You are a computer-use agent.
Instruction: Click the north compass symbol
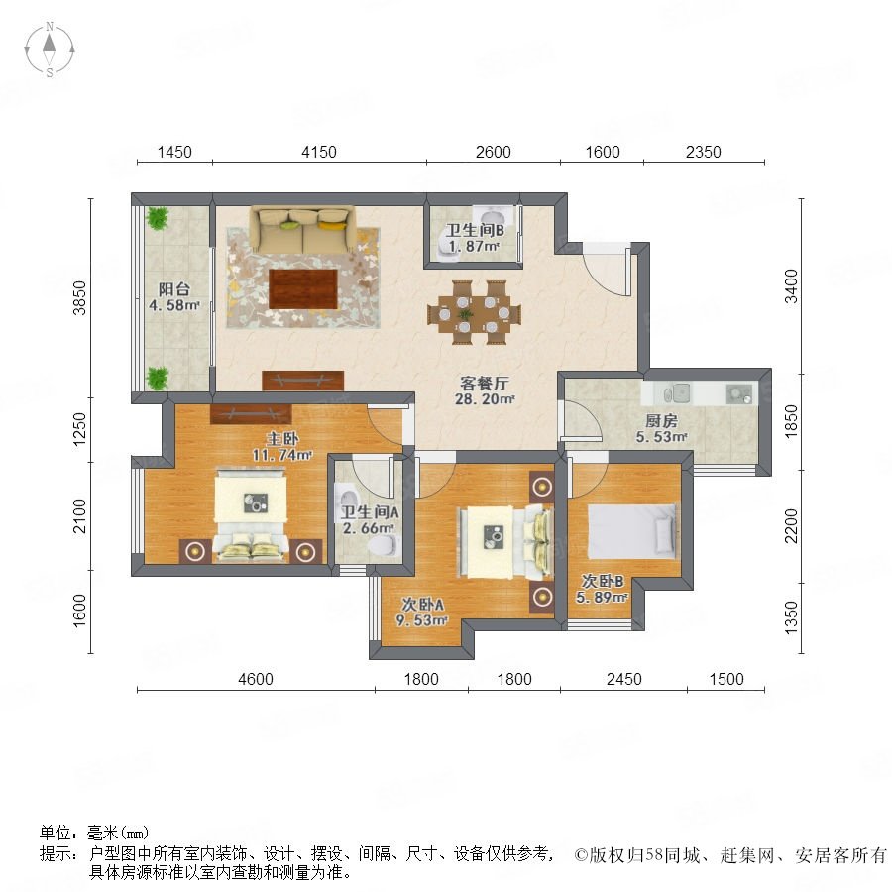50,49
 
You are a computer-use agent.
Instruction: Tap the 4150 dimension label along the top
318,152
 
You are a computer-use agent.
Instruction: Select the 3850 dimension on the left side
79,297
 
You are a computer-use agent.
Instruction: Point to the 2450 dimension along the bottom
623,679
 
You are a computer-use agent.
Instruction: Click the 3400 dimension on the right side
791,286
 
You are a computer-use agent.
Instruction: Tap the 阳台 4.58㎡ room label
174,297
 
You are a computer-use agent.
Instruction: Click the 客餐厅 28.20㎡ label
484,390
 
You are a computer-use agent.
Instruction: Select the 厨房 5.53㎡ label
661,429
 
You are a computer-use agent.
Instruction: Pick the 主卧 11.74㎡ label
282,447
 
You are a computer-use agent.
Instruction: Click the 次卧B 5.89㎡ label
602,589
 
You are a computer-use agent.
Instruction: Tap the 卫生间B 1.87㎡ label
474,238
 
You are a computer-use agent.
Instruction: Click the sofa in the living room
302,230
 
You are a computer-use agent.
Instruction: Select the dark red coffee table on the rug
303,289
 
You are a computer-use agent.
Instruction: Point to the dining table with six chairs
474,312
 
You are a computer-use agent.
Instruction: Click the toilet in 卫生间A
382,546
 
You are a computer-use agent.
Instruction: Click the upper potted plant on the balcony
157,218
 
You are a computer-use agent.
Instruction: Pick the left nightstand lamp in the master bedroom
195,551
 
